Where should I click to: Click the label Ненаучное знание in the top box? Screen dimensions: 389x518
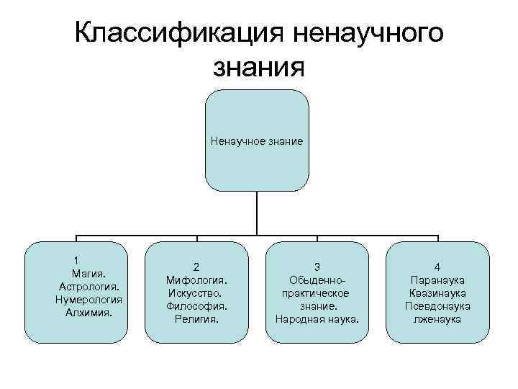257,141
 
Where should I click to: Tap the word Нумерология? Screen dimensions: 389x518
88,300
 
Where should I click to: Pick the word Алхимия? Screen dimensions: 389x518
88,313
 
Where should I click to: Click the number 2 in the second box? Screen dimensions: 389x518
196,267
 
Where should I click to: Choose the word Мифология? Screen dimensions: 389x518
196,280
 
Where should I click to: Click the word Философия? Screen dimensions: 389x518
196,305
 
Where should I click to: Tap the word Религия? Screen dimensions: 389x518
196,318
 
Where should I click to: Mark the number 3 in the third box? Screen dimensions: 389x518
317,267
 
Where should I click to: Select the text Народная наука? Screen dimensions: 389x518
317,318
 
